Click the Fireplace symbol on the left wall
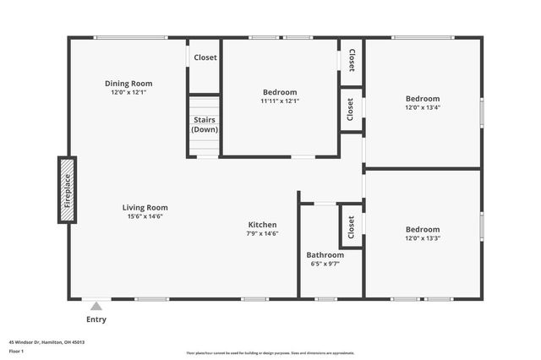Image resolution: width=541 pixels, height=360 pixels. tap(67, 190)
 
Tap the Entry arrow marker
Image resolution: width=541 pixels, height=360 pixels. tap(96, 307)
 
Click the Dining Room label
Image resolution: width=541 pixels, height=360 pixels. tap(128, 83)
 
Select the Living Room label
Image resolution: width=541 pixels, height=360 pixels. tap(145, 207)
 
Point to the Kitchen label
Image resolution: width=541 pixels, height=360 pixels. tap(263, 225)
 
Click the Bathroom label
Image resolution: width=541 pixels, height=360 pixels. tap(325, 254)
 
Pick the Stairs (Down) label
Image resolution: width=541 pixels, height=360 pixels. tap(203, 124)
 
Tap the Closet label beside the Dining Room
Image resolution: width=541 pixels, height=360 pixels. tap(205, 57)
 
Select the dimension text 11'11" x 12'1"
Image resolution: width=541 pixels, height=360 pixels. tap(280, 101)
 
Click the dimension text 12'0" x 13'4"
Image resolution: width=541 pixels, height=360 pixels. tap(422, 107)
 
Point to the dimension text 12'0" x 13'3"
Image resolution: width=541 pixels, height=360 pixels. tap(422, 237)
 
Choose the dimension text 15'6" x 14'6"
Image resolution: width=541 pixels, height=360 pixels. tap(145, 216)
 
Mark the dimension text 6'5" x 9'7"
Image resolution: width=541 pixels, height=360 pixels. tap(325, 264)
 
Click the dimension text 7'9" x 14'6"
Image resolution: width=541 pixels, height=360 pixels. tap(263, 234)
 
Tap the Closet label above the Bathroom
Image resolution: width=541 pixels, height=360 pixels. tap(351, 226)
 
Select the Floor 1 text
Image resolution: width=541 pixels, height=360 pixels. tap(16, 351)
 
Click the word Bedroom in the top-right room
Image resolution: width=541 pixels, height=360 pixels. tap(422, 98)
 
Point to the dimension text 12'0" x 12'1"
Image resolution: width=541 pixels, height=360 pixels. tap(128, 92)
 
